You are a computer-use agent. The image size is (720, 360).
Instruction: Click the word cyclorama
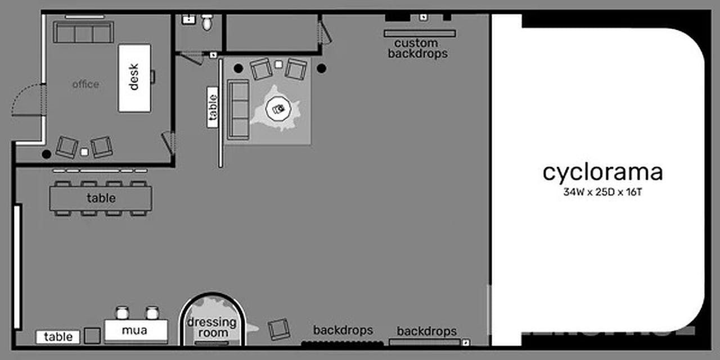tap(602, 173)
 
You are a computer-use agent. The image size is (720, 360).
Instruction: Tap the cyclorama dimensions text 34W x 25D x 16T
tap(602, 192)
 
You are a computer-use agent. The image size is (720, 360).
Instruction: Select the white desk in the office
tap(134, 78)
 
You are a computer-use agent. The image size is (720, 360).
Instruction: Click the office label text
tap(85, 84)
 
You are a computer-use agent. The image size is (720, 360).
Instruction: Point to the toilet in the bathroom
tap(208, 22)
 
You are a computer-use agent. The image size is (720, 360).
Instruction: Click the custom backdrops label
tap(417, 48)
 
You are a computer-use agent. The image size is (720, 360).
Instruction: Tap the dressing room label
tap(211, 327)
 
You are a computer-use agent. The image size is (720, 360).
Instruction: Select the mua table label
tap(134, 331)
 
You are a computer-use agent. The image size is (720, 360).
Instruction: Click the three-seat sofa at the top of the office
tap(83, 33)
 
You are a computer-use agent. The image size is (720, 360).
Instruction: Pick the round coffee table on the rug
tap(278, 108)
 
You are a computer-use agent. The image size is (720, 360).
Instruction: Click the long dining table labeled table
tap(101, 198)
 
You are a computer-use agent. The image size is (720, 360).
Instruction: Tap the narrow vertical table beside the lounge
tap(212, 107)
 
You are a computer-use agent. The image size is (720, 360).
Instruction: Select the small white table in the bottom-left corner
tap(58, 337)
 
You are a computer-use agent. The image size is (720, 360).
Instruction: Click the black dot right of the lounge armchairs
tap(321, 69)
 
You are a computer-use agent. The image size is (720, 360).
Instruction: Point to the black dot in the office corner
tap(46, 154)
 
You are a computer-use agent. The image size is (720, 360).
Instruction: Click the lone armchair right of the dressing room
tap(279, 329)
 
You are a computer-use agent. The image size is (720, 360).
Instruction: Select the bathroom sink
tap(187, 19)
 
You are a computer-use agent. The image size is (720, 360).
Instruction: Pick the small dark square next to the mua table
tap(92, 336)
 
